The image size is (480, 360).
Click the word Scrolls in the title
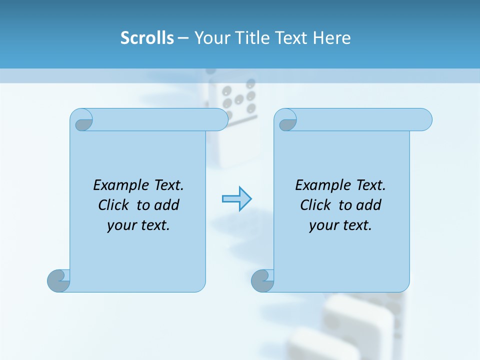point(147,38)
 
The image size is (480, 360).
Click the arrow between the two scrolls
point(236,199)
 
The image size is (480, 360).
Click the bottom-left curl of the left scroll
point(58,280)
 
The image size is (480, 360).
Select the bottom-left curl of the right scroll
point(262,280)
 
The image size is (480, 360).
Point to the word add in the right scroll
point(368,205)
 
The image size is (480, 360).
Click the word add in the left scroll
point(166,205)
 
